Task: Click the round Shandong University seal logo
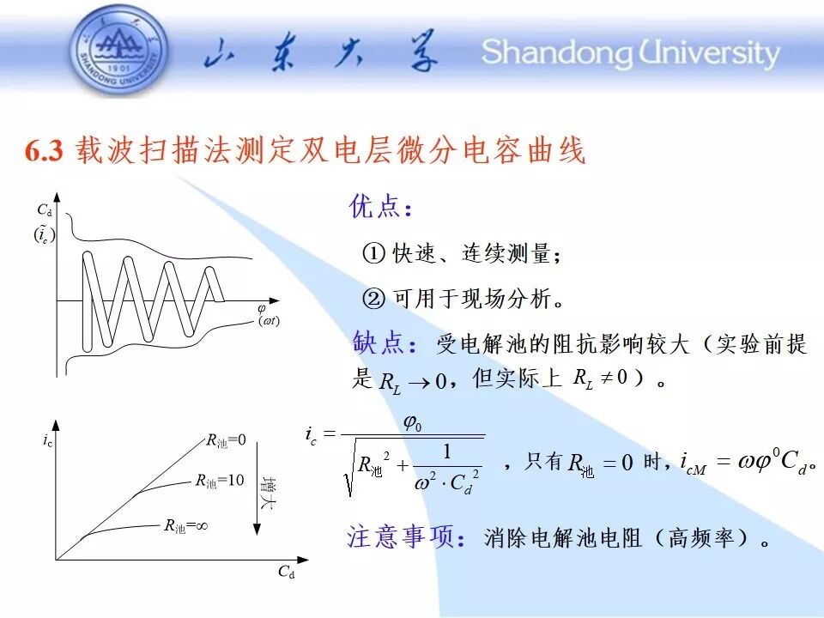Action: pyautogui.click(x=119, y=51)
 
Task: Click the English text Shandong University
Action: pyautogui.click(x=631, y=53)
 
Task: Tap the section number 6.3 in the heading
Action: pyautogui.click(x=44, y=151)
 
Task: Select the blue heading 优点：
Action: pyautogui.click(x=381, y=206)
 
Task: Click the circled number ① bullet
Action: pyautogui.click(x=373, y=253)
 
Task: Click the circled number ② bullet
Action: pyautogui.click(x=373, y=299)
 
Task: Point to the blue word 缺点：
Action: pyautogui.click(x=385, y=343)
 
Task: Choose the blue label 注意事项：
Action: pyautogui.click(x=406, y=537)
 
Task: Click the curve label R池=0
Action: pyautogui.click(x=226, y=440)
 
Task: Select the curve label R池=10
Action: pyautogui.click(x=220, y=481)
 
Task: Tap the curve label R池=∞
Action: pyautogui.click(x=186, y=525)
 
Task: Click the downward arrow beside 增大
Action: pyautogui.click(x=257, y=488)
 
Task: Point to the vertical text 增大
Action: pyautogui.click(x=269, y=493)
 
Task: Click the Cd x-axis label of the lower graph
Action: pyautogui.click(x=287, y=572)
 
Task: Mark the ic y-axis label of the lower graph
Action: pyautogui.click(x=48, y=440)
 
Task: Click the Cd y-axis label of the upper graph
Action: pyautogui.click(x=45, y=210)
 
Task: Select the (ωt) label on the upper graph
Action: pyautogui.click(x=269, y=320)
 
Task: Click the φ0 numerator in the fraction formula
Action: pyautogui.click(x=413, y=422)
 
